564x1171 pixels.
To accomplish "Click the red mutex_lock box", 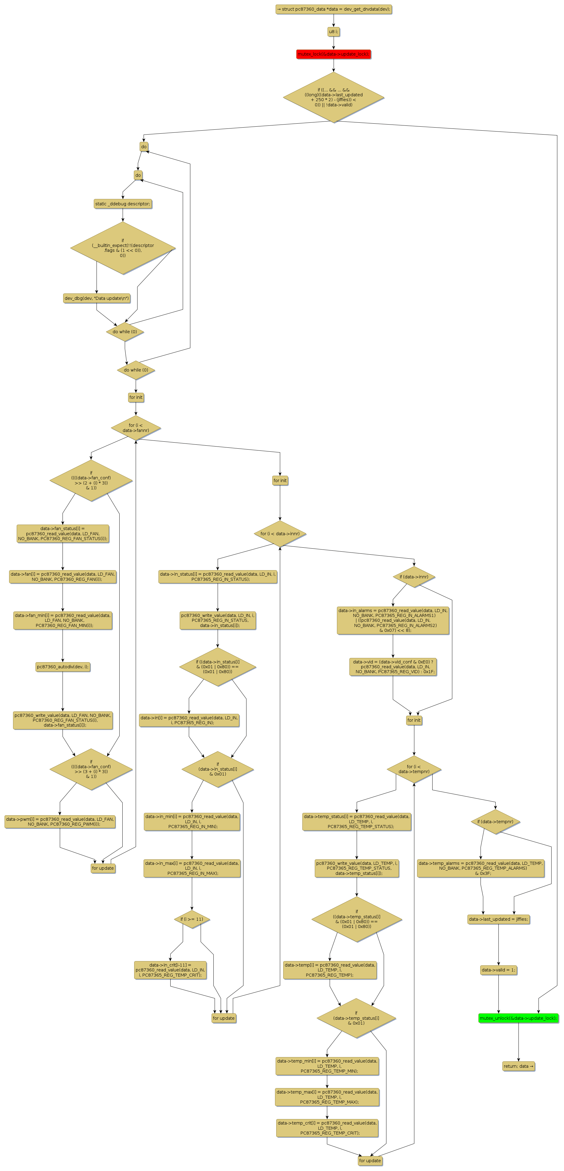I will point(333,54).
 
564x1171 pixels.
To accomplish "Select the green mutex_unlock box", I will point(518,1018).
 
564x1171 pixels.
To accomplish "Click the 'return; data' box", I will point(518,1066).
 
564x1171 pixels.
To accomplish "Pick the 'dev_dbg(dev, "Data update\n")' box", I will point(96,298).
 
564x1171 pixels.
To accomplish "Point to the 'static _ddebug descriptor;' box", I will point(123,204).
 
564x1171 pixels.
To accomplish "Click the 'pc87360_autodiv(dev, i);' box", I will point(63,667).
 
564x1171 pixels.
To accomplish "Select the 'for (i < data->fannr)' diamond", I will point(136,428).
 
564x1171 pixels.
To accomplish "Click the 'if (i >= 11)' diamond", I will point(192,919).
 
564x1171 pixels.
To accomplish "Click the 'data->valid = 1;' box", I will point(498,970).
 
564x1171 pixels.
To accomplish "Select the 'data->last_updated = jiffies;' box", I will point(498,919).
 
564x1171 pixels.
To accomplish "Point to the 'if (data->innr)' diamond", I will point(414,577).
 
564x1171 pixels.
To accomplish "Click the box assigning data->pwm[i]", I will point(60,821).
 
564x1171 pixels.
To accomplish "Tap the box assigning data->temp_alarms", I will point(481,868).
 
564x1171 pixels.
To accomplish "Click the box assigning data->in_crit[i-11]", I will point(170,970).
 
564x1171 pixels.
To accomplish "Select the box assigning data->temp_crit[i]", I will point(327,1128).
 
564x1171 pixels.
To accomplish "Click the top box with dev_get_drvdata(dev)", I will point(333,9).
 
